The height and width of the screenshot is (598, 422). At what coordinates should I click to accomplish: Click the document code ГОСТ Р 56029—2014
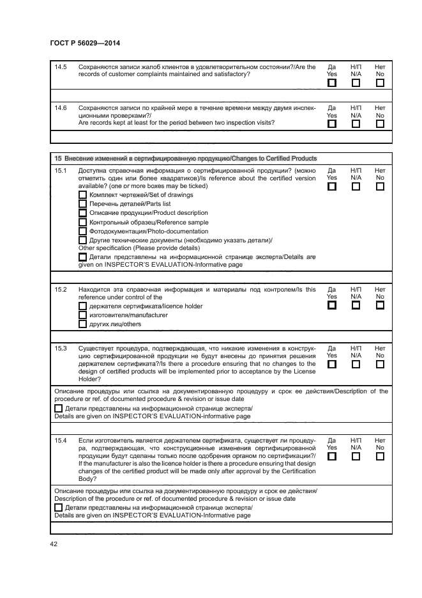(84, 43)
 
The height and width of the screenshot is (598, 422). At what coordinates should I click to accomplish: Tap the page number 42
(54, 544)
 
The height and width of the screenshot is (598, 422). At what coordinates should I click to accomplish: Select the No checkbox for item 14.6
(380, 124)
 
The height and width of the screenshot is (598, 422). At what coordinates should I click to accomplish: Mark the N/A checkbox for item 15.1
(356, 187)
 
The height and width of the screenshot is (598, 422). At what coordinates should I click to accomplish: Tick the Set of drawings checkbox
(82, 194)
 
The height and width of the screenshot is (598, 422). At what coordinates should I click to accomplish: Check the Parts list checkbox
(82, 203)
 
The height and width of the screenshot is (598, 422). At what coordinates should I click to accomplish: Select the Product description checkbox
(82, 213)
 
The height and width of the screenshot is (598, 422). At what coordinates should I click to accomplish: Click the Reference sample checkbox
(82, 222)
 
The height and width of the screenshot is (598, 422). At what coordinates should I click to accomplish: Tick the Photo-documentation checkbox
(82, 231)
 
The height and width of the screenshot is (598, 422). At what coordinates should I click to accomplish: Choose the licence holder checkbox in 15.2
(82, 306)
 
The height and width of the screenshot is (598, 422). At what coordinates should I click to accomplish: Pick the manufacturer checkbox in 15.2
(82, 315)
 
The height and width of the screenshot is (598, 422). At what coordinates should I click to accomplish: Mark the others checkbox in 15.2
(82, 324)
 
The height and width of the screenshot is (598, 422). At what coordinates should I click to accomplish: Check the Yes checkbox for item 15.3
(331, 364)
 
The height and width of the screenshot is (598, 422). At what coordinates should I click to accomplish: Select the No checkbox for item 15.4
(380, 457)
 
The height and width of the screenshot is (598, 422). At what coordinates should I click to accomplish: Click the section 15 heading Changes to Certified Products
(185, 158)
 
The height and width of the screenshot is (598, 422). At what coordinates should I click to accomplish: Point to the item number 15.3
(61, 348)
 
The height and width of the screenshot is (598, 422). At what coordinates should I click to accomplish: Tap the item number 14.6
(61, 107)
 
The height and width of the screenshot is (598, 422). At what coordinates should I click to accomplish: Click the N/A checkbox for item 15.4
(356, 457)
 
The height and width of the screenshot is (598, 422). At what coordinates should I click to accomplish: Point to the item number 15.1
(61, 171)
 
